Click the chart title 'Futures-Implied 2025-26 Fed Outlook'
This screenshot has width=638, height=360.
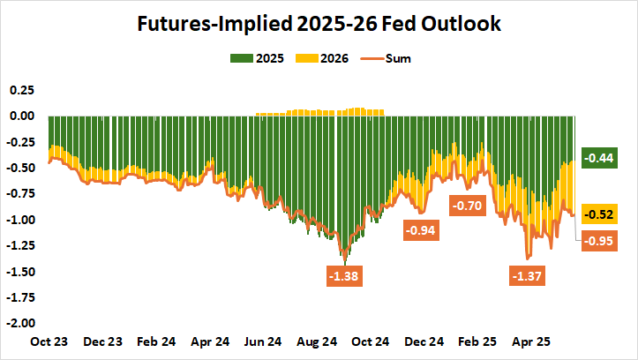[319, 25]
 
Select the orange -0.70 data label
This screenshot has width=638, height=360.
[469, 206]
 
